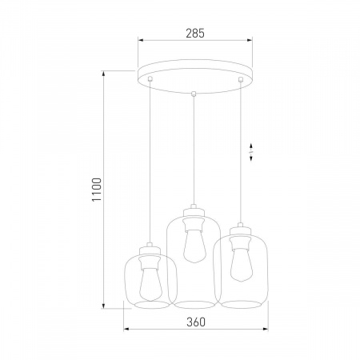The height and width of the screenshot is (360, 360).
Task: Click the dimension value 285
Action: click(x=194, y=34)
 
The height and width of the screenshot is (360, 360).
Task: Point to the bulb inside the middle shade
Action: click(x=192, y=245)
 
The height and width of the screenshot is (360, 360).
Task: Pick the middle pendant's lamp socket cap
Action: click(x=192, y=213)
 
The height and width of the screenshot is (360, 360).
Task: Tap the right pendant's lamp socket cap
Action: click(x=238, y=234)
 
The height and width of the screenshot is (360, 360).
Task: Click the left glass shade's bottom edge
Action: click(x=147, y=306)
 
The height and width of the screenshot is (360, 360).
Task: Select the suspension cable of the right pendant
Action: click(x=238, y=152)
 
